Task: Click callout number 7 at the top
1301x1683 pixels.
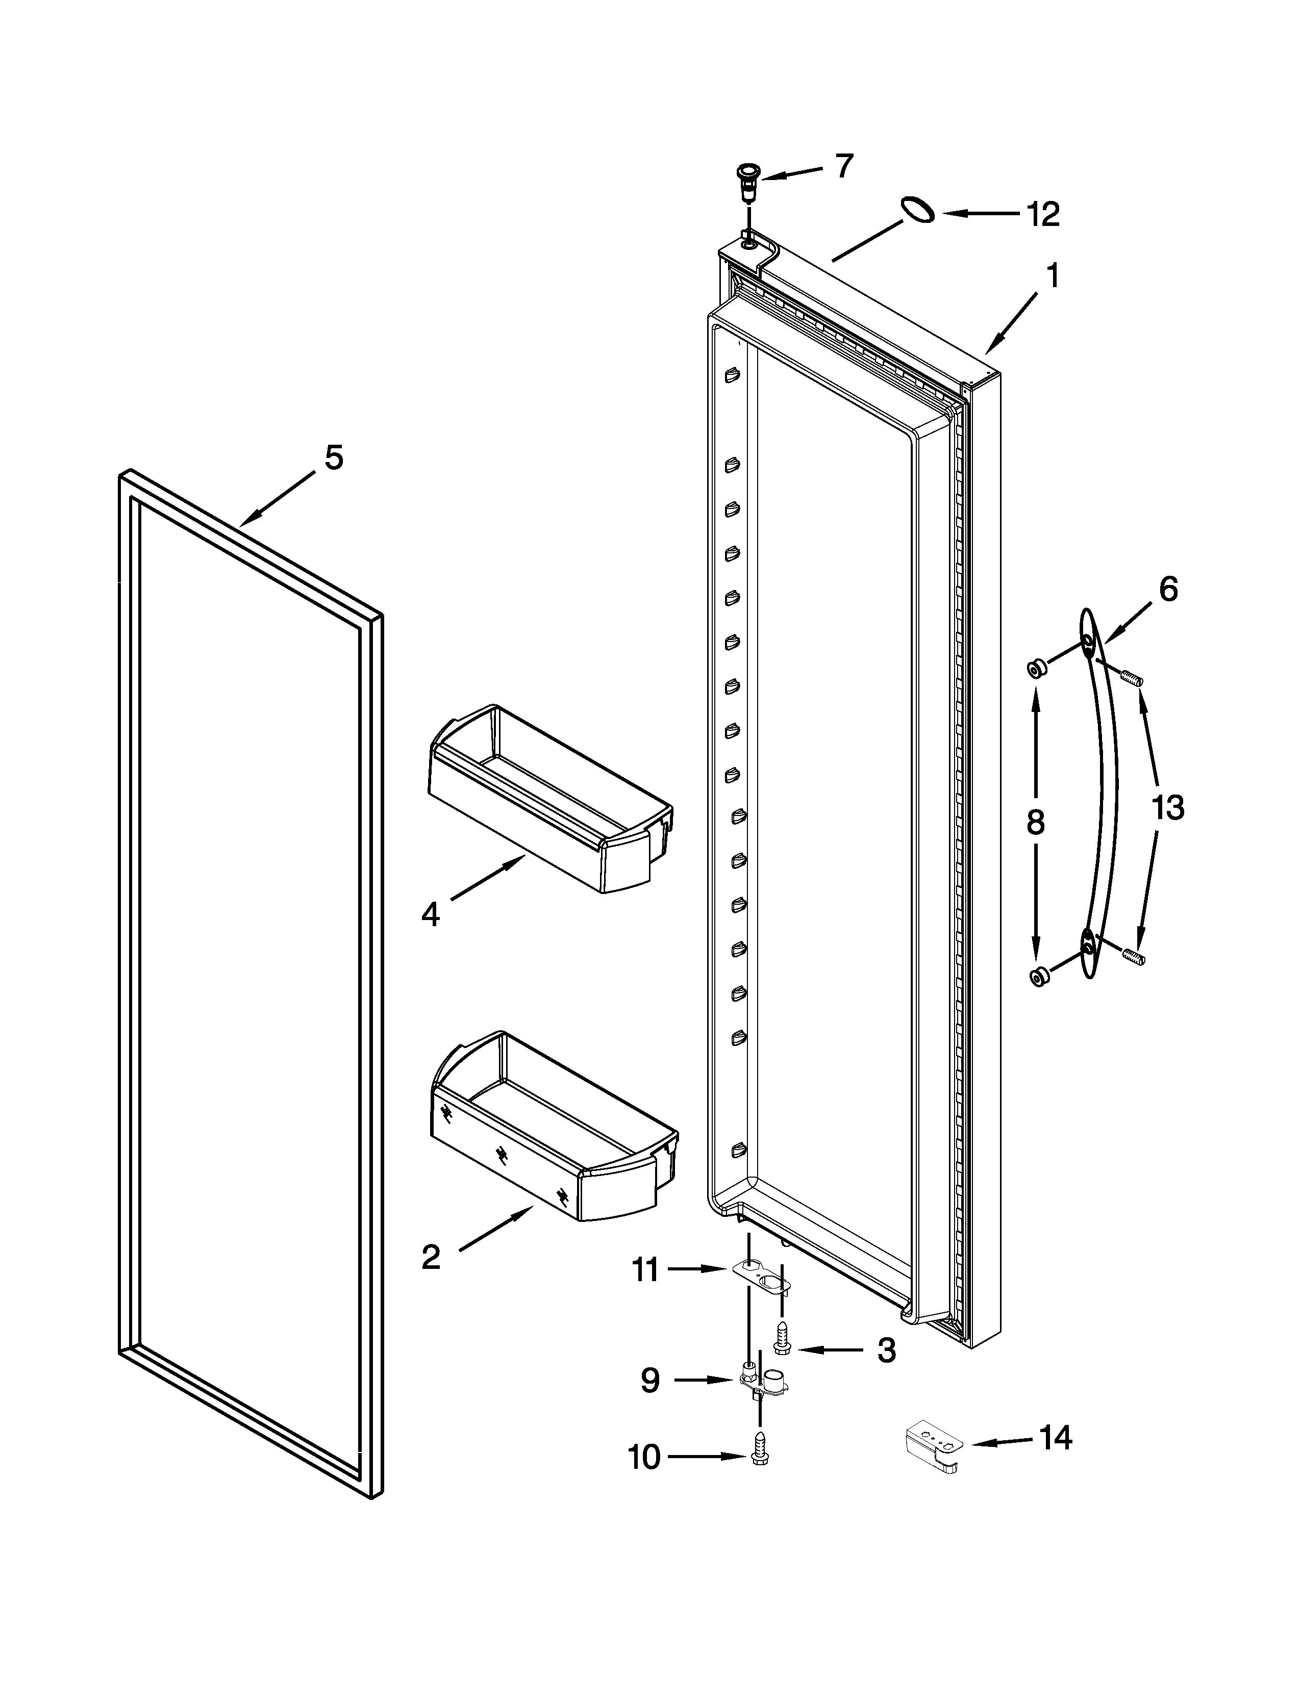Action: click(845, 166)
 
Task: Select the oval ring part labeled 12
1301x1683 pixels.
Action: click(917, 210)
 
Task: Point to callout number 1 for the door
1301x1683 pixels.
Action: click(1052, 276)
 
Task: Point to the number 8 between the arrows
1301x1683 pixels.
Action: click(1035, 823)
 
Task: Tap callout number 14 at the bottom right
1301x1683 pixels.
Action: click(1055, 1438)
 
